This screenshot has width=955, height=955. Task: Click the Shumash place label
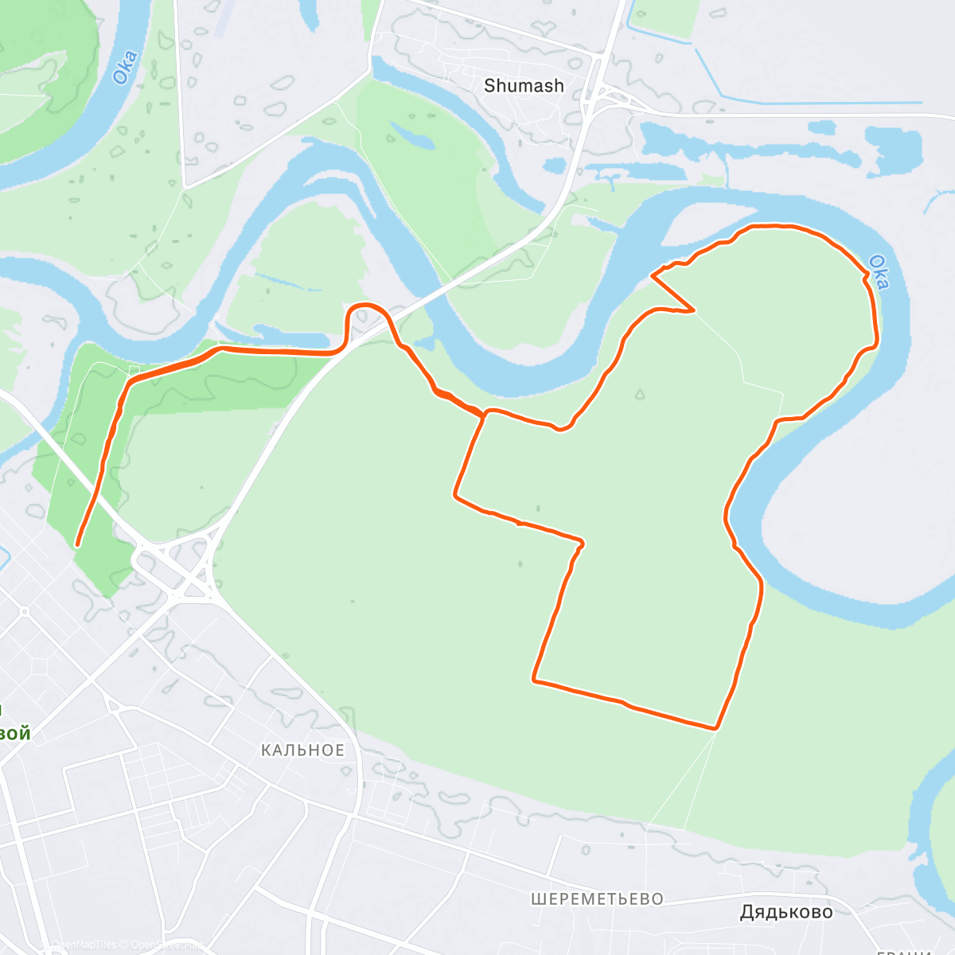coord(524,86)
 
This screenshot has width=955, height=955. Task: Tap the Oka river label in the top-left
coord(124,68)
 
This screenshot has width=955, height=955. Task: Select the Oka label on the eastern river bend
coord(879,271)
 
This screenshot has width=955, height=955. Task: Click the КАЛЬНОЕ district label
coord(303,750)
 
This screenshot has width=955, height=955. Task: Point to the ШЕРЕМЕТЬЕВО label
coord(597,899)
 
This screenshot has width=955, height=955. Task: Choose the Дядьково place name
coord(786,912)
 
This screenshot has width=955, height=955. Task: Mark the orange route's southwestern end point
coord(77,545)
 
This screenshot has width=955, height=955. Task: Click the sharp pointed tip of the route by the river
coord(653,275)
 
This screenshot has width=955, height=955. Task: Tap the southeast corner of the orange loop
coord(716,727)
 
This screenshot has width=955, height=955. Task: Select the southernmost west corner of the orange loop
coord(534,680)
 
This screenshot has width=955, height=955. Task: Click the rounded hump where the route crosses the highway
coord(366,306)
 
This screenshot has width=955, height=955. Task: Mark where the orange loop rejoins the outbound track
coord(484,413)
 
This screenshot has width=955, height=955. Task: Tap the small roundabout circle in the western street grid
coord(25,611)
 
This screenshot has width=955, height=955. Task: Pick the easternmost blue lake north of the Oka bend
coord(895,151)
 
